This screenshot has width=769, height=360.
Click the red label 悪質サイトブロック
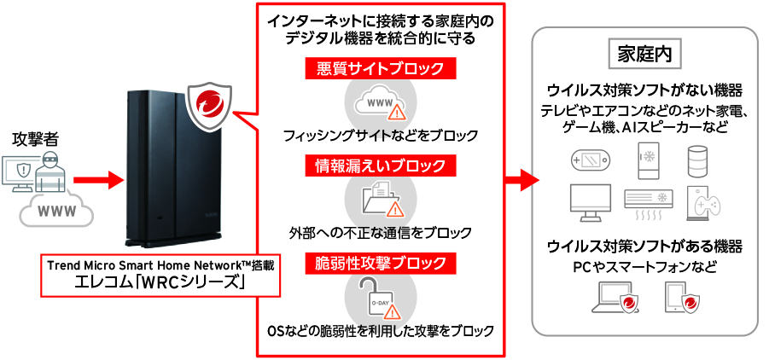(x=380, y=68)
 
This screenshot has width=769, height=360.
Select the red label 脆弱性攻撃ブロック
(x=380, y=263)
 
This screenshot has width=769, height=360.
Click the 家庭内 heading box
(x=644, y=54)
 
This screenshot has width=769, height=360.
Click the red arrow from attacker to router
(x=94, y=181)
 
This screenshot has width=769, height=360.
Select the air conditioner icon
(x=649, y=201)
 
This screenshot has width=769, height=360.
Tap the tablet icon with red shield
(x=684, y=299)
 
